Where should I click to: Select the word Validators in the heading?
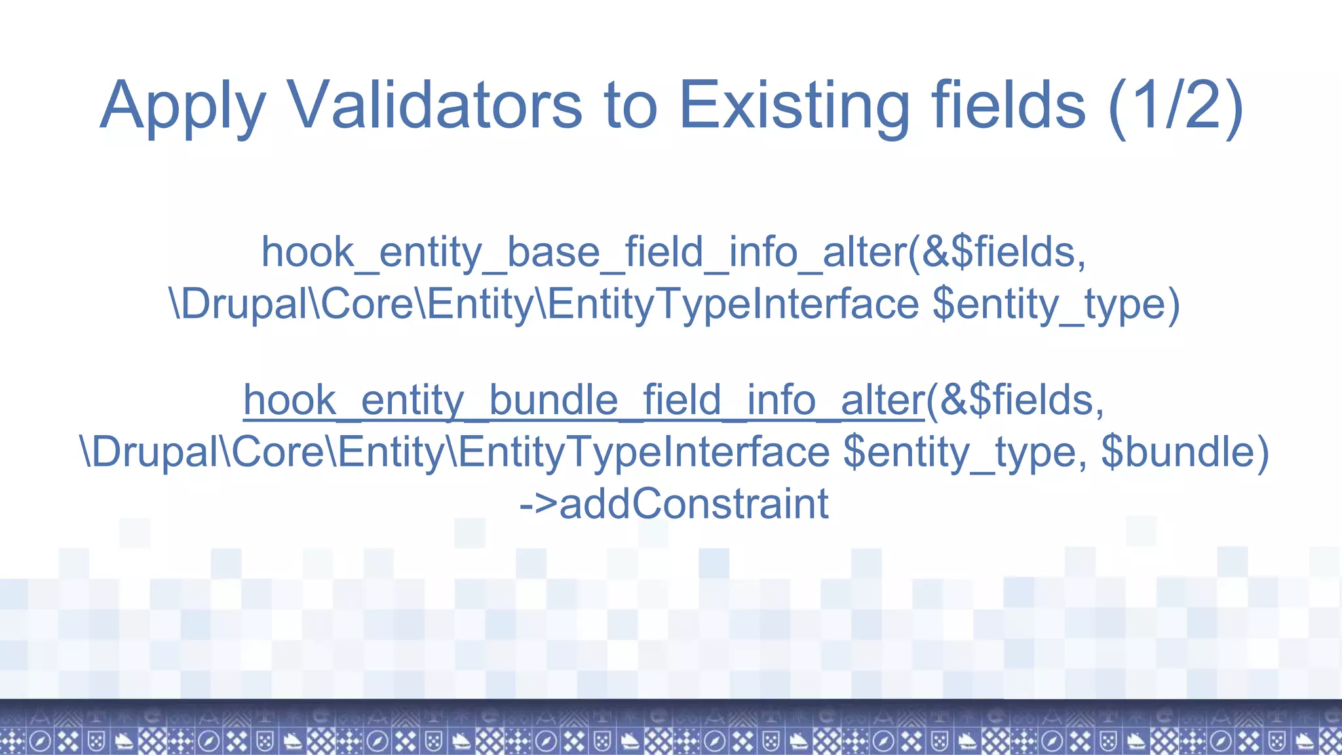[434, 105]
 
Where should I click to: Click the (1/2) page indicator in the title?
[1176, 105]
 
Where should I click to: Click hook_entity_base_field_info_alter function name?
[583, 252]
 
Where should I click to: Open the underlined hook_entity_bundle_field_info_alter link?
[583, 400]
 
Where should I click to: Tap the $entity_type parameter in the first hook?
[1055, 305]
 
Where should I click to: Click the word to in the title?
[630, 105]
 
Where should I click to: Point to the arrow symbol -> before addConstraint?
[537, 504]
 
